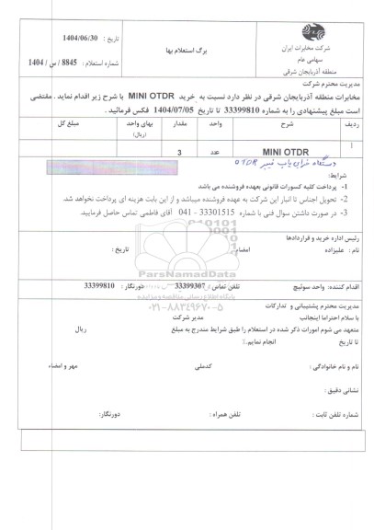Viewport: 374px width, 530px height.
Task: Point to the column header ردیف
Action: click(354, 123)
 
